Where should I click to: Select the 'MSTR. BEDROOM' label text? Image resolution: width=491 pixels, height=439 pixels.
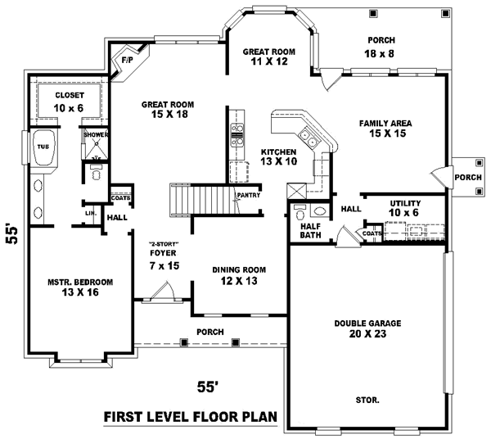coord(79,282)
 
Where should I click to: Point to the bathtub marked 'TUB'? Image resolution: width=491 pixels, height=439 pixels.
coord(43,150)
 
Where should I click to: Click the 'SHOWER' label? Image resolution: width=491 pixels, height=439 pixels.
coord(96,134)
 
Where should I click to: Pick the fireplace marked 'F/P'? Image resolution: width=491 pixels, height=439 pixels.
coord(127,61)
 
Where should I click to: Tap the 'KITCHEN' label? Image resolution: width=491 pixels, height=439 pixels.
coord(278,152)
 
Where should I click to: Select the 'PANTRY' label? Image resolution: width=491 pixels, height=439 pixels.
coord(249,195)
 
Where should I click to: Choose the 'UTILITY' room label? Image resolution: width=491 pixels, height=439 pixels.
coord(404,201)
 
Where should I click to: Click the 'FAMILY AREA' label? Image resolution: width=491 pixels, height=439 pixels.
coord(385,124)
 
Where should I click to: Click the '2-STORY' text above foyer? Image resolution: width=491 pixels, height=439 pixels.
coord(164,245)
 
